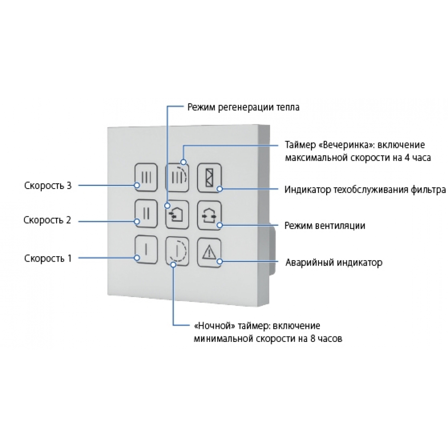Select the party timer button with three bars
[x=178, y=176]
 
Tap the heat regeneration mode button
[x=178, y=212]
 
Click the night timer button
[x=178, y=249]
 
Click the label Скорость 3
[x=48, y=185]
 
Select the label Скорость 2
[x=47, y=220]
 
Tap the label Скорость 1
[x=47, y=258]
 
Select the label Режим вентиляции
[x=325, y=225]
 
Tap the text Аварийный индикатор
[x=334, y=263]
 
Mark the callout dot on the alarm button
[x=219, y=262]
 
